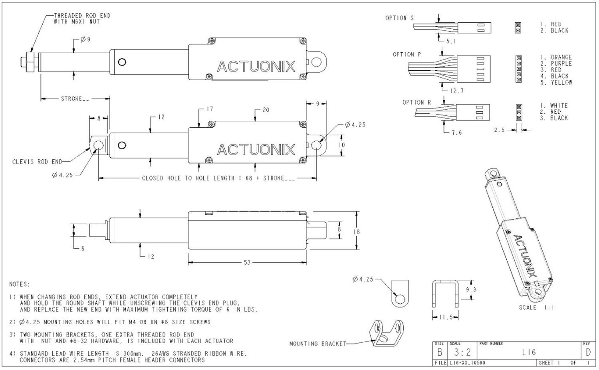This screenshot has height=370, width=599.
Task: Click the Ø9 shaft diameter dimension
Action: (85, 40)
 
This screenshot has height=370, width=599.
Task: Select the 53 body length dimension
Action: (247, 262)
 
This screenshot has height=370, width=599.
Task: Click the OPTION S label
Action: (399, 18)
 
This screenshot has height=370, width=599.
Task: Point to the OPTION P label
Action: (407, 54)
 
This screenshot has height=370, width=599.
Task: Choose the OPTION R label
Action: (417, 102)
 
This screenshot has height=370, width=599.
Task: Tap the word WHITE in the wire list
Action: (559, 106)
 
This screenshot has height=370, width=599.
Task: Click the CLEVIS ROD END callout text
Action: (37, 162)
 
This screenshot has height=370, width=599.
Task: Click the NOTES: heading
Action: (19, 284)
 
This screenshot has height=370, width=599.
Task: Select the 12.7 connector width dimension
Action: (456, 91)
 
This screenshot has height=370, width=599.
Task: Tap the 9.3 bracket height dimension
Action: (471, 290)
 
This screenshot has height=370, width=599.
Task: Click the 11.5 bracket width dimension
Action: (445, 318)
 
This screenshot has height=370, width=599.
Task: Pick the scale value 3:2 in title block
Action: (462, 352)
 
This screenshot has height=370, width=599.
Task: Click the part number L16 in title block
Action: (529, 352)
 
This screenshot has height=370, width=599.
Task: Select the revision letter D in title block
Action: (588, 352)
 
